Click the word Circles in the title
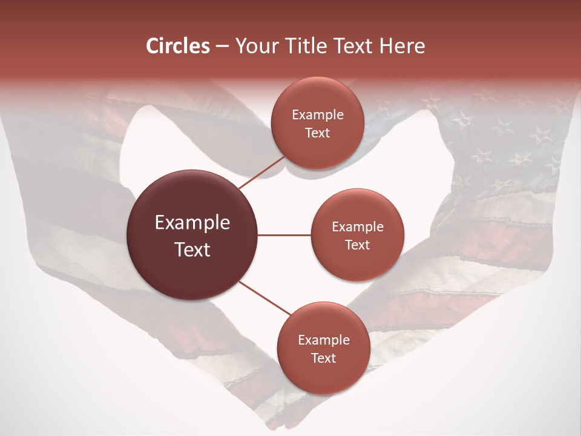[x=178, y=46]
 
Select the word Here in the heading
[x=402, y=46]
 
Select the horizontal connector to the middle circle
[x=284, y=235]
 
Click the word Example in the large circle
[x=192, y=223]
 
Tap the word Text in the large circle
[x=192, y=249]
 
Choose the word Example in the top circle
[x=318, y=115]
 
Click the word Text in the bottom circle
[x=323, y=358]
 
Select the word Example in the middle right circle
[x=358, y=227]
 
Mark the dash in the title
[x=222, y=47]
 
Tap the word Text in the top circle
[x=317, y=133]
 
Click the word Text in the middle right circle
[x=357, y=245]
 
